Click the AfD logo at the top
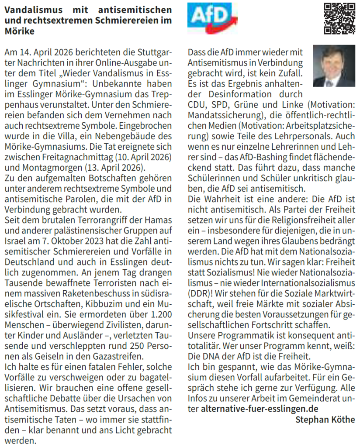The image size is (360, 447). (212, 17)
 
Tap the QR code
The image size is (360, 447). (339, 18)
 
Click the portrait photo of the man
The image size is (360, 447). (334, 65)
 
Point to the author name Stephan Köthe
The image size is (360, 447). (325, 420)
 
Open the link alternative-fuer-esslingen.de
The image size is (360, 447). (260, 409)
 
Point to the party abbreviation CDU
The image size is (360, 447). (197, 105)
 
